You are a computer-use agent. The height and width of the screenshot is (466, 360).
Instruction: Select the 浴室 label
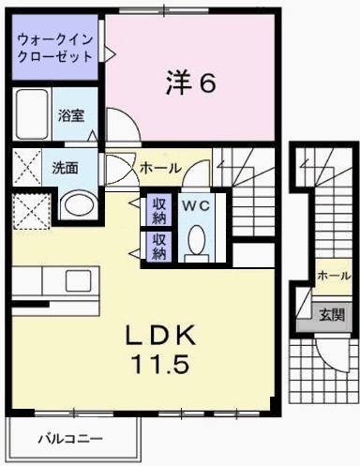(71, 116)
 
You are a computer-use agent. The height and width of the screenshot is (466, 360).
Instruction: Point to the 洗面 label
(65, 169)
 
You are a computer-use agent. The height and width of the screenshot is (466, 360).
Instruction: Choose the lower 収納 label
(158, 246)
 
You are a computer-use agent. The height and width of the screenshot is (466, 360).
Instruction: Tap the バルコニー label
(70, 438)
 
